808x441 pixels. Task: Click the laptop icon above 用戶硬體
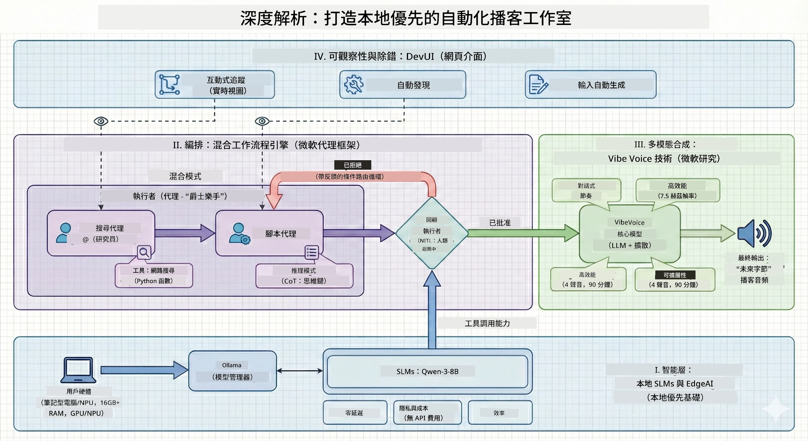[78, 370]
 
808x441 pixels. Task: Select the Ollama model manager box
[232, 371]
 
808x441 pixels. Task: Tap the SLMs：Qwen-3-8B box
[428, 371]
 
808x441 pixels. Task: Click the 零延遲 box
[355, 413]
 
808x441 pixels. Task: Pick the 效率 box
[500, 413]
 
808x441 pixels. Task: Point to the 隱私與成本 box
[428, 413]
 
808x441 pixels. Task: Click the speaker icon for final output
[754, 233]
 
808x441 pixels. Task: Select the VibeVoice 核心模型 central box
[630, 234]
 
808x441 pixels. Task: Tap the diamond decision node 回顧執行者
[432, 233]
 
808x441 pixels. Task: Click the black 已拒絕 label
[353, 165]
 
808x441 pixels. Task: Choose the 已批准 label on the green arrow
[500, 223]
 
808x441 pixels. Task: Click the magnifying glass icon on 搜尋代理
[144, 252]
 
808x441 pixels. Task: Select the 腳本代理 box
[269, 233]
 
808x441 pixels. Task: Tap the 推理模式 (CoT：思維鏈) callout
[304, 276]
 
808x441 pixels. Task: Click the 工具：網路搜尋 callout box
[154, 275]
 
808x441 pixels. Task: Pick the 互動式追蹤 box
[215, 84]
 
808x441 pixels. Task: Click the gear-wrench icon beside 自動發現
[354, 84]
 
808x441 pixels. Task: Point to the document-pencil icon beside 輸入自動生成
[539, 84]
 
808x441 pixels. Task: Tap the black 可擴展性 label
[675, 275]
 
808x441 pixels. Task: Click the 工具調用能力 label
[487, 323]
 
